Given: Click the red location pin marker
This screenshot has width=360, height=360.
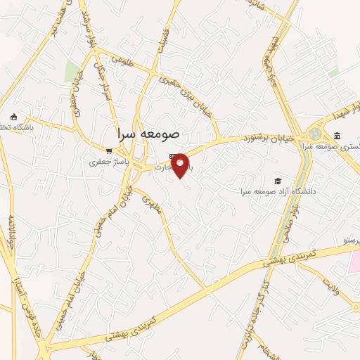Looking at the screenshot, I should (x=181, y=165).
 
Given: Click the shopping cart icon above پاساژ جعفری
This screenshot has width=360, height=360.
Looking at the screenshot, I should (x=108, y=150).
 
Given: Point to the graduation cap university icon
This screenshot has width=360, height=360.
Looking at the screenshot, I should (x=278, y=181).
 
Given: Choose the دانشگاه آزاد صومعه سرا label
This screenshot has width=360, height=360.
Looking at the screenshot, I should (x=278, y=191).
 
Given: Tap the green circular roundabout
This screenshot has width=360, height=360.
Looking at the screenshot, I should (x=314, y=134).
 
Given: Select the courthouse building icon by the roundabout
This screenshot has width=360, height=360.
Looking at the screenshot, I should (x=337, y=136).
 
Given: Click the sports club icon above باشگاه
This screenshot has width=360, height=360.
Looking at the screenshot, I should (x=13, y=117).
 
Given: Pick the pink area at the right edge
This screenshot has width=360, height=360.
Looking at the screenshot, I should (x=355, y=262).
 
